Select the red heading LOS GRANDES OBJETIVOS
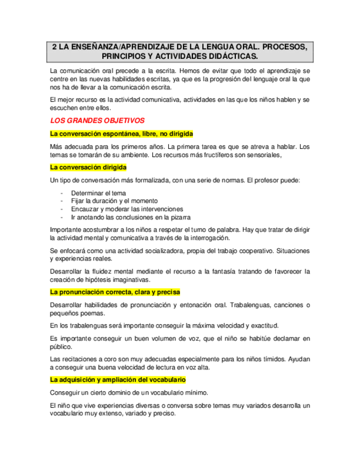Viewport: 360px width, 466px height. [x=97, y=120]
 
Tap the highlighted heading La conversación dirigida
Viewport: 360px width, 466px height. [x=92, y=167]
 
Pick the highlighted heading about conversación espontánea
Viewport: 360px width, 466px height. [x=121, y=134]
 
